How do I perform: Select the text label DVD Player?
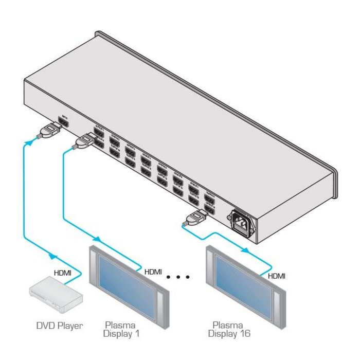[59, 325]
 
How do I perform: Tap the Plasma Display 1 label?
[121, 329]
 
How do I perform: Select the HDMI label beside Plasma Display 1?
[153, 272]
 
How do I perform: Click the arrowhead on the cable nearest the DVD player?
[51, 255]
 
